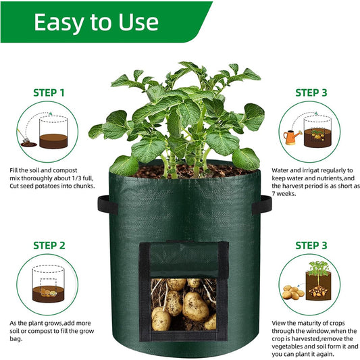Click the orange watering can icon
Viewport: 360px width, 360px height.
pos(291,137)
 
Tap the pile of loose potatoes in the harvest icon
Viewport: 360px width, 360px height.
pos(292,292)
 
